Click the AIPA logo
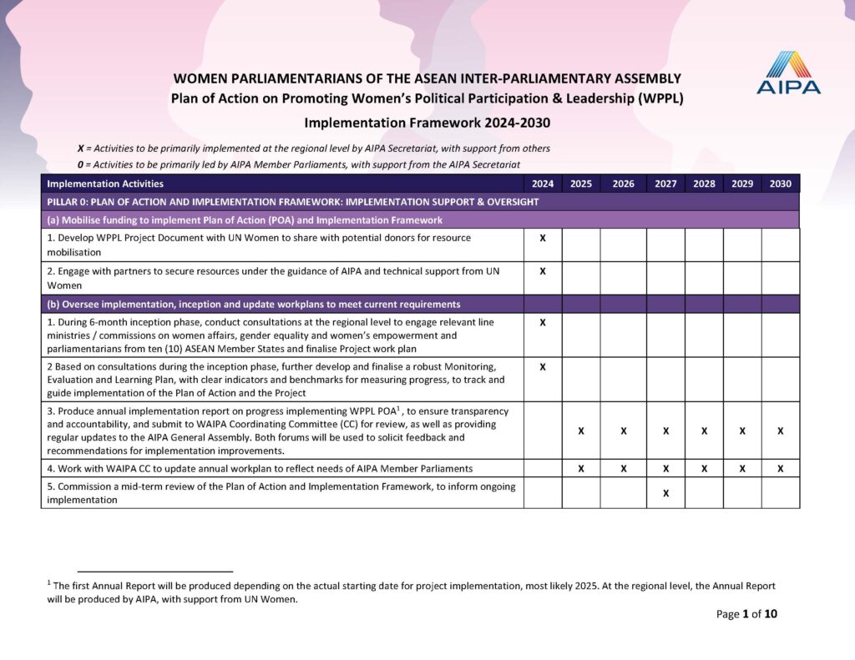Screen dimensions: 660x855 pyautogui.click(x=788, y=73)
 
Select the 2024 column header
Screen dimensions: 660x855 pyautogui.click(x=543, y=184)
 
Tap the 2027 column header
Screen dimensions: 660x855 pyautogui.click(x=665, y=184)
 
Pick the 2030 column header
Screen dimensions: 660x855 pyautogui.click(x=780, y=184)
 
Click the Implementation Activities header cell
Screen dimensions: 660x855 pyautogui.click(x=105, y=184)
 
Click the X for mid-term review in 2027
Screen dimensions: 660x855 pyautogui.click(x=665, y=493)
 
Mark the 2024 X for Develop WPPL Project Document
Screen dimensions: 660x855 pyautogui.click(x=543, y=239)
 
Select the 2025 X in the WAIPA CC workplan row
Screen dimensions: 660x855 pyautogui.click(x=581, y=469)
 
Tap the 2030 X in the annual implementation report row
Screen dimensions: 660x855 pyautogui.click(x=780, y=431)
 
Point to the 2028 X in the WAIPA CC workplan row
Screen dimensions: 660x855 pyautogui.click(x=704, y=469)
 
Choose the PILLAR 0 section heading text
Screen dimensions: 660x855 pyautogui.click(x=292, y=202)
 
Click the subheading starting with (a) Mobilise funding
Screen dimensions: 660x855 pyautogui.click(x=245, y=220)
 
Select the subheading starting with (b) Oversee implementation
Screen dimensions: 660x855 pyautogui.click(x=254, y=304)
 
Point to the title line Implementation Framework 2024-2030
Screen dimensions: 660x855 pyautogui.click(x=427, y=123)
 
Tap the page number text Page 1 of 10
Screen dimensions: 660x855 pyautogui.click(x=746, y=614)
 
